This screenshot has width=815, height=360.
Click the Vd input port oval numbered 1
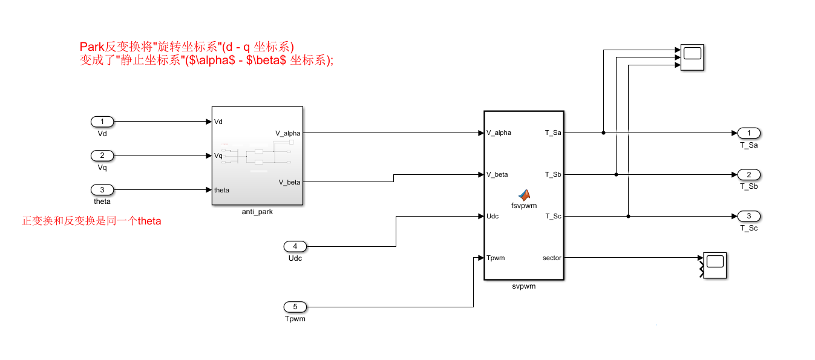[102, 122]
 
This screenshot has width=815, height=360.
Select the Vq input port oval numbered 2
[102, 155]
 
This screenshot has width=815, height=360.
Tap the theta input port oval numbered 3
[102, 190]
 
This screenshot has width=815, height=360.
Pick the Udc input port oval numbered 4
[295, 246]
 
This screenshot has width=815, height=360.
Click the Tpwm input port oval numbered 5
[295, 307]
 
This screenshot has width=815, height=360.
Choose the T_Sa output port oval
[749, 133]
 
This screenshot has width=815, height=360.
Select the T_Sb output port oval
[749, 175]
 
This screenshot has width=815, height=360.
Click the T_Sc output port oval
[749, 216]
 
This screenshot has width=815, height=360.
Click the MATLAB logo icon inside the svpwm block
[524, 194]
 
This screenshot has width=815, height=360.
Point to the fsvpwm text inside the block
[524, 205]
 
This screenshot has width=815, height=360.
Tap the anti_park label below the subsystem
[257, 212]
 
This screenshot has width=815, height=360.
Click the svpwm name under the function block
[523, 286]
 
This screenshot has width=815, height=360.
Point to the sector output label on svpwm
[552, 258]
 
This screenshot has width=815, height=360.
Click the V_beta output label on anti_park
[289, 182]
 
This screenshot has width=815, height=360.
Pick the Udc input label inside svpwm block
[493, 216]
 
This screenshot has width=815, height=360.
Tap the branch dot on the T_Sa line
[603, 133]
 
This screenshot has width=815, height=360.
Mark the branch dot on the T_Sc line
[629, 216]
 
